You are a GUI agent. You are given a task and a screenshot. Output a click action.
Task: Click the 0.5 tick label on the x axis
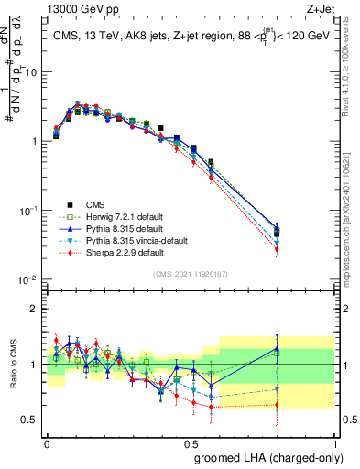tap(191, 442)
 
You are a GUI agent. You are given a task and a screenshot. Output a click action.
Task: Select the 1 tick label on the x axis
tap(334, 442)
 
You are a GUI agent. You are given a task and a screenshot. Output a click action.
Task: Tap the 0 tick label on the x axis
tap(47, 442)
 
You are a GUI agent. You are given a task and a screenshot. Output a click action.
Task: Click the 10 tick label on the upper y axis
tap(30, 71)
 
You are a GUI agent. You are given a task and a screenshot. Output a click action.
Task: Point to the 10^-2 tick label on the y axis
tap(28, 279)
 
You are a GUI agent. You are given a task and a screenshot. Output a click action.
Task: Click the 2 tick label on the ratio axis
tap(35, 308)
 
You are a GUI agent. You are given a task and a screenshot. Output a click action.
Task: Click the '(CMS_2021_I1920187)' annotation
tap(190, 272)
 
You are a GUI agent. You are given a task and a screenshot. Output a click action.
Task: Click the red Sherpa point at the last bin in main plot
tap(277, 248)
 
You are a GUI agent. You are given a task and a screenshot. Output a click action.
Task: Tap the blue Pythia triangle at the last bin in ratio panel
tap(277, 349)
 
